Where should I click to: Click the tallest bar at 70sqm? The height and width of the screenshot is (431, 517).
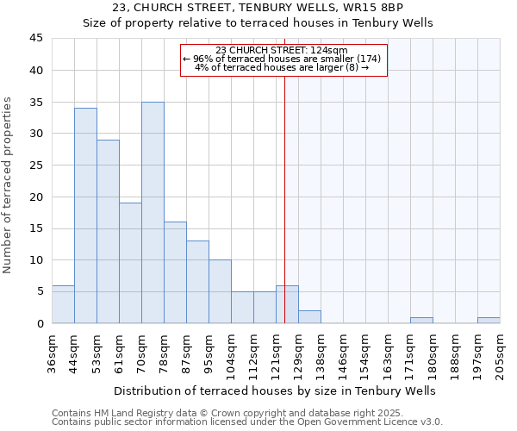point(153,212)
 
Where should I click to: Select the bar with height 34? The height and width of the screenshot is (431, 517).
point(85,215)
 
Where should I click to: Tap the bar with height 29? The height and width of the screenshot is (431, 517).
point(108,231)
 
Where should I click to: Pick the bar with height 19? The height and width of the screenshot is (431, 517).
point(130,263)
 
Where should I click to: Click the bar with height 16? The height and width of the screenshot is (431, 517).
point(175,272)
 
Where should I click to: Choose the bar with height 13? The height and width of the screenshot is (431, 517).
point(197,282)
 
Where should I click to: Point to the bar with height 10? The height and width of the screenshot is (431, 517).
point(220,291)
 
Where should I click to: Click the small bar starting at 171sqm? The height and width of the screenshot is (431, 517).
point(421,320)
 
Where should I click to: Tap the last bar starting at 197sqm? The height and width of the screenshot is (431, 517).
point(489,320)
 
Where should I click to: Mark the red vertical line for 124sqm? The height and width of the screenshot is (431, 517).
point(284,190)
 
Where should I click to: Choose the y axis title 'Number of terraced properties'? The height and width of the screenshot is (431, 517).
point(9,184)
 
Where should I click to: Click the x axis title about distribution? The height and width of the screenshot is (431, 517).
point(274,390)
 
